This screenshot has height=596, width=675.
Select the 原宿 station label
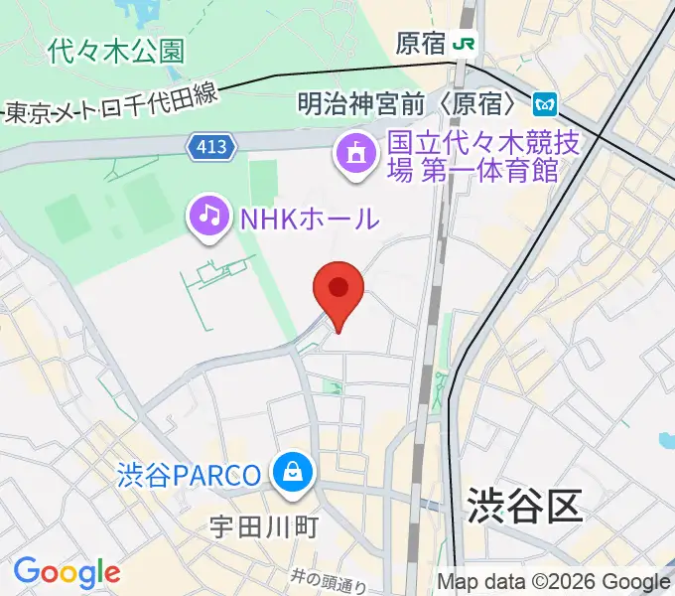pos(420,45)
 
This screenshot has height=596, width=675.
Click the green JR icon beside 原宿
pos(463,44)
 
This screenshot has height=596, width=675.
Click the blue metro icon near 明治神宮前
pos(543,103)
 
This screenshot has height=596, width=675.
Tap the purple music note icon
pos(209,216)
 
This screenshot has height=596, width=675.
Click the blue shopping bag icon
pos(294,472)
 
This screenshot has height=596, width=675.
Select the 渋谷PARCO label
pos(188,475)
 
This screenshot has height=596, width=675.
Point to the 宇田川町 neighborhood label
pos(263,525)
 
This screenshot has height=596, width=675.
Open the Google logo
pos(67,572)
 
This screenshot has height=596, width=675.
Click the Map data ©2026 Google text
pos(554,582)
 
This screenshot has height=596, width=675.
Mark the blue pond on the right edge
pos(666,439)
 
